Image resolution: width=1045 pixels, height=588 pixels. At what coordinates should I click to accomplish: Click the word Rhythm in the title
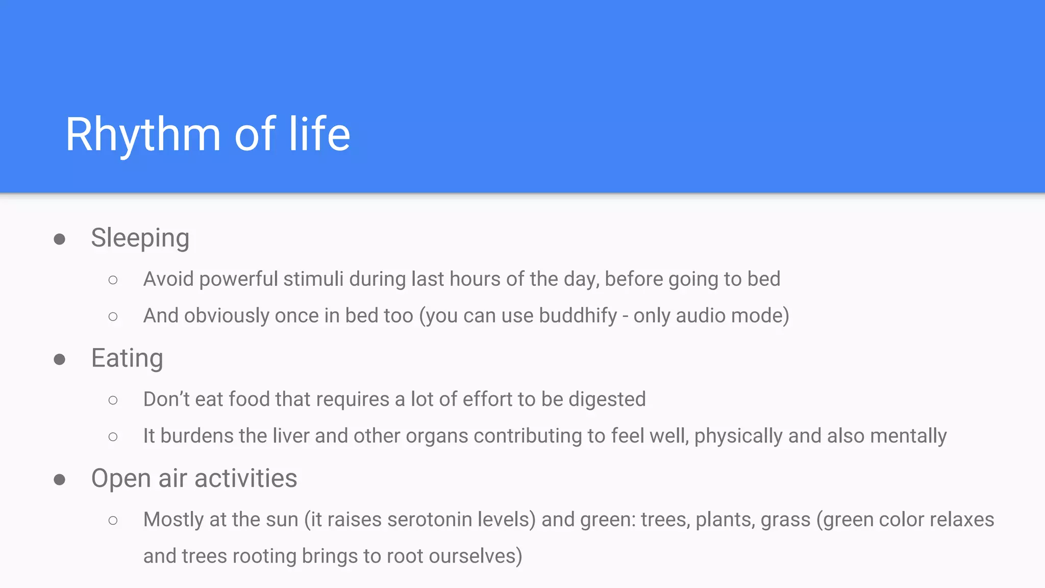(x=143, y=134)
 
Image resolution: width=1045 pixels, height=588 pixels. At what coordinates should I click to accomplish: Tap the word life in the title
(x=319, y=134)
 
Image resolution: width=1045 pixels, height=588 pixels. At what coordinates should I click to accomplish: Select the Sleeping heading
(x=140, y=238)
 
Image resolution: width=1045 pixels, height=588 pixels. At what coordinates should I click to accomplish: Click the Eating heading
(x=127, y=358)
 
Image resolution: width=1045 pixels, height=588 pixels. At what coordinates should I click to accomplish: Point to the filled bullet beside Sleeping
(x=60, y=239)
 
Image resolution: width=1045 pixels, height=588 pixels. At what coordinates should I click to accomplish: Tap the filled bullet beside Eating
(x=60, y=359)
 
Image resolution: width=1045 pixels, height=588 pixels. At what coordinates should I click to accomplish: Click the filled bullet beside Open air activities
(x=60, y=479)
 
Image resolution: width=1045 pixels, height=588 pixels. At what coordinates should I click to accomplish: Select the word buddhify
(x=578, y=316)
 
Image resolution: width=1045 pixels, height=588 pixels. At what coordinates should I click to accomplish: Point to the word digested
(x=607, y=399)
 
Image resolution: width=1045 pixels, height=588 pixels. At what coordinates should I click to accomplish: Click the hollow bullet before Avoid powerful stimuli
(x=113, y=280)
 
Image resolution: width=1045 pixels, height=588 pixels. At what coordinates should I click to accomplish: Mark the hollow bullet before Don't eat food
(x=113, y=400)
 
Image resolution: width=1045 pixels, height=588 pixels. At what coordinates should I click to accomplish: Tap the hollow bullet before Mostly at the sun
(x=113, y=521)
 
